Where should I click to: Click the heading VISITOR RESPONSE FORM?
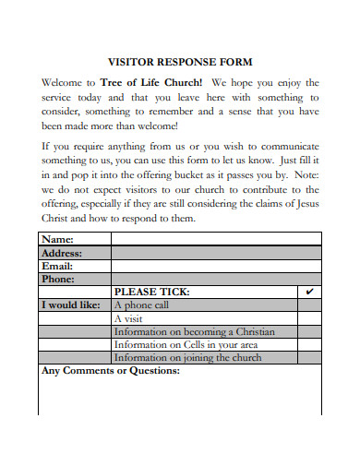181,64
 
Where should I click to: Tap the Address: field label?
62,252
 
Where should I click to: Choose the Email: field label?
57,265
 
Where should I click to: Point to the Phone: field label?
59,278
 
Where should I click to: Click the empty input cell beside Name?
216,239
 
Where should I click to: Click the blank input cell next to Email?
216,265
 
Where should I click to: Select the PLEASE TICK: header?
151,291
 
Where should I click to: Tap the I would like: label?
70,305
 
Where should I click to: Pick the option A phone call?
141,305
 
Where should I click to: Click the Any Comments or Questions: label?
110,371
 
